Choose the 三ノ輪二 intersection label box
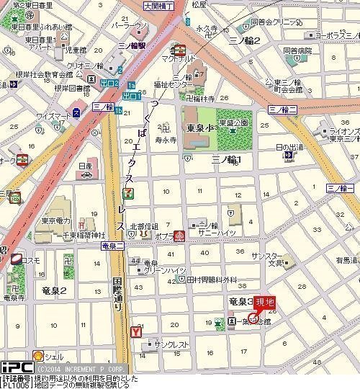coord(282,109)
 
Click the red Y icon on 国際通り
coord(135,332)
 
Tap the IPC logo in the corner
coord(17,367)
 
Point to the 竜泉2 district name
coord(54,290)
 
